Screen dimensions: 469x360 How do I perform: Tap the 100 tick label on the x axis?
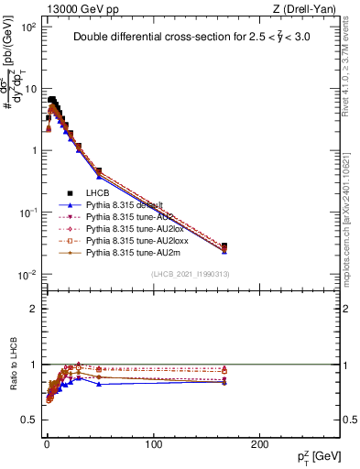coord(153,443)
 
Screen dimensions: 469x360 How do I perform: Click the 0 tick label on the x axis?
coord(46,443)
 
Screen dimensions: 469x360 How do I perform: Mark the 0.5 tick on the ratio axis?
coord(27,420)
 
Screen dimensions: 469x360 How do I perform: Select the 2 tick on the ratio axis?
coord(33,309)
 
